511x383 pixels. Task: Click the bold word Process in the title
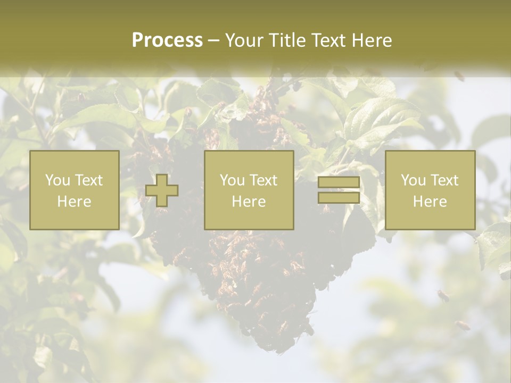coord(167,40)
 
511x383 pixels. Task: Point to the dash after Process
coord(213,40)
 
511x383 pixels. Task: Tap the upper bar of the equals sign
coord(339,182)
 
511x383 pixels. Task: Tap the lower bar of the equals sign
coord(339,198)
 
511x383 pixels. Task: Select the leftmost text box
coord(74,190)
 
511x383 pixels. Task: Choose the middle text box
coord(249,190)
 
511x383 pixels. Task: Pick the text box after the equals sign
coord(430,190)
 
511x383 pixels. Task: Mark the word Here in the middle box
coord(249,202)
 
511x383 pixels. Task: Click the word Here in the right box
coord(430,202)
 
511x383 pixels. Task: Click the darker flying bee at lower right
coord(442,295)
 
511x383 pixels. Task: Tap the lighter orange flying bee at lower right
coord(462,324)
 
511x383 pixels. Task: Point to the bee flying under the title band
coord(459,76)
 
